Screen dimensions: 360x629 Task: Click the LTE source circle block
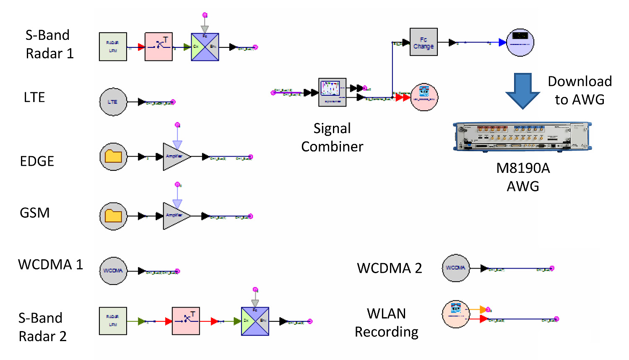113,102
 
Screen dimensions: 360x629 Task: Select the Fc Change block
424,42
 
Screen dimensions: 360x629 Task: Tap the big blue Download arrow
522,91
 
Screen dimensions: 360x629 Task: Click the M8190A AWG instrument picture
522,136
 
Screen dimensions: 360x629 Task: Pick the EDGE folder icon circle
113,157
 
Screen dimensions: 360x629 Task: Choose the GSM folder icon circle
113,216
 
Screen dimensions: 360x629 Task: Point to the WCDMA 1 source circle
113,271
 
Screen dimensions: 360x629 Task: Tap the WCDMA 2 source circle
456,268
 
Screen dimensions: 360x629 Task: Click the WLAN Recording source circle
456,314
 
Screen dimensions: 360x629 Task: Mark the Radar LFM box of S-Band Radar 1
113,47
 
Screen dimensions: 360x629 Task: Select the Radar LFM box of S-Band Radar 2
113,321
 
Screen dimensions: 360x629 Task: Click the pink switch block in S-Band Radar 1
159,47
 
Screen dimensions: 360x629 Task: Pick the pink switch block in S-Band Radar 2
186,321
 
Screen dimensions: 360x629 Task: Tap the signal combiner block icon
332,92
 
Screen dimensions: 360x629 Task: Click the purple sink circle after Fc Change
520,42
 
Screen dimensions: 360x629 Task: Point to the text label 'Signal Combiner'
332,137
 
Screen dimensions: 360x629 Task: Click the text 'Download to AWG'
580,90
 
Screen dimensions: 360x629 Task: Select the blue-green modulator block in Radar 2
255,321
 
